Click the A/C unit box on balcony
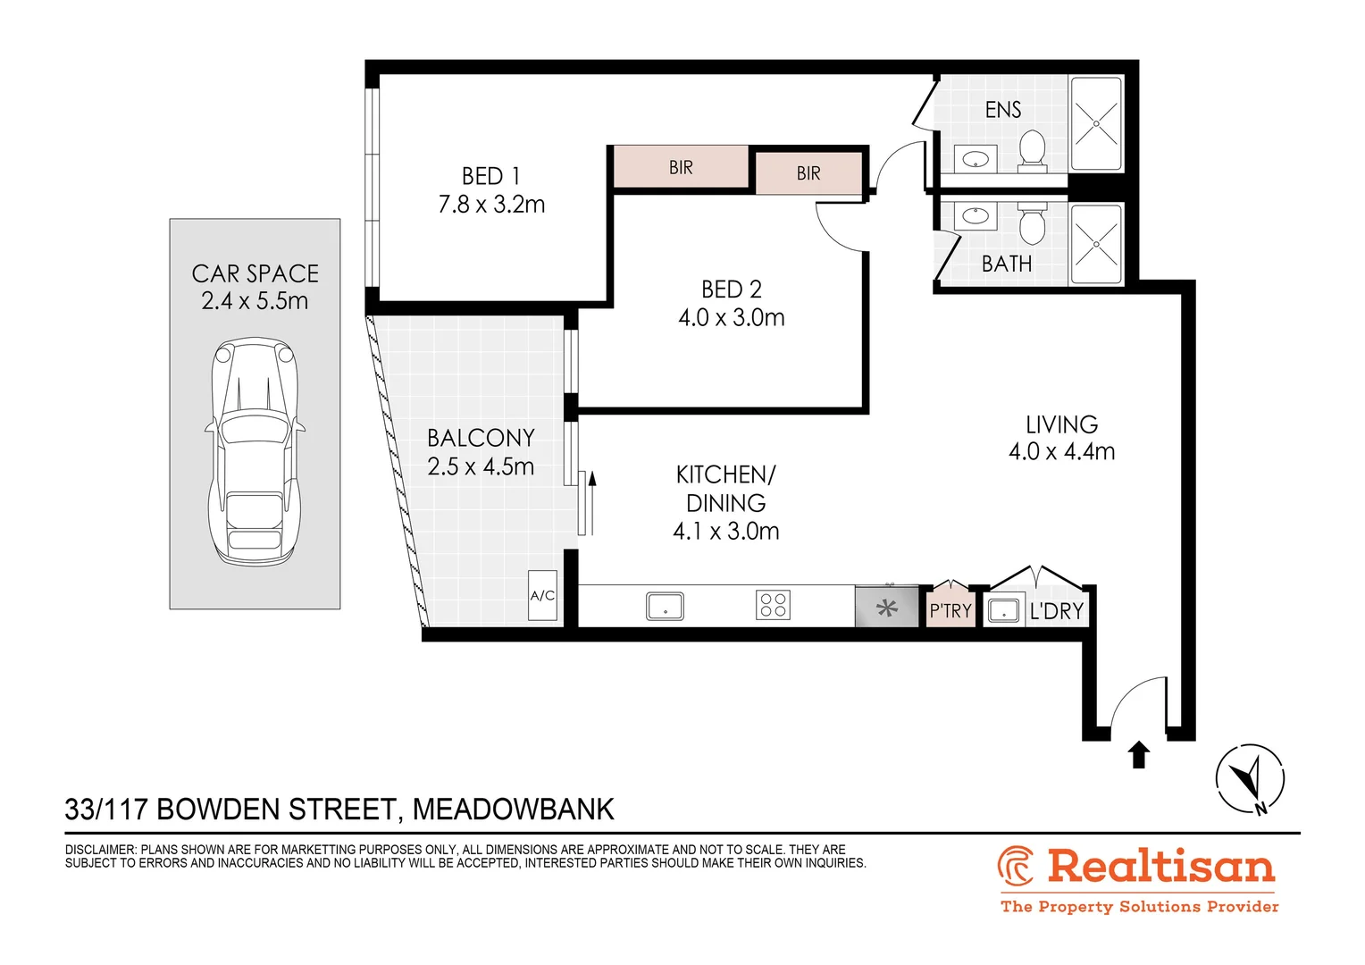(542, 596)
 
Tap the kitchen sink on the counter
(665, 606)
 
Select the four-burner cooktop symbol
(773, 605)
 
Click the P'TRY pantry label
(950, 610)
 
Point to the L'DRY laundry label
(1056, 611)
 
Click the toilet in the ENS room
(1032, 150)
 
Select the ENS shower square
(1096, 124)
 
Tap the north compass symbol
(1250, 778)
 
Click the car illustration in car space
(255, 451)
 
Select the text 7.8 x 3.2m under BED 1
(491, 205)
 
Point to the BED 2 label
(731, 289)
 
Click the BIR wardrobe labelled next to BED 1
(681, 167)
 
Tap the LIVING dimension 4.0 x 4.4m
(1061, 452)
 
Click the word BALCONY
(481, 438)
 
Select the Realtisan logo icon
(1016, 866)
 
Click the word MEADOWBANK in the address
(513, 810)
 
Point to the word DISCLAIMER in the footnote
(100, 850)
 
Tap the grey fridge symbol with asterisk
(886, 608)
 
